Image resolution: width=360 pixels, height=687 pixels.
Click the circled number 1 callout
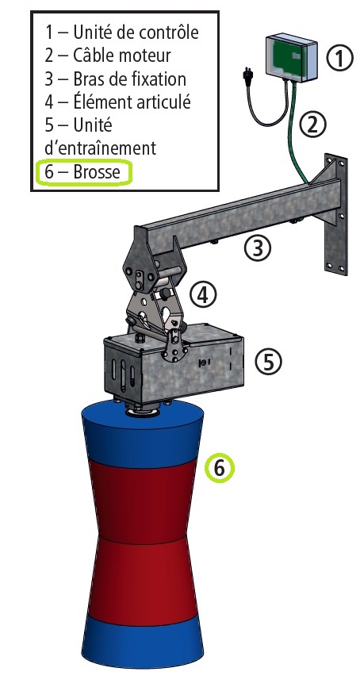(x=339, y=59)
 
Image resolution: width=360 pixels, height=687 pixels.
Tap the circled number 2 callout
(x=312, y=125)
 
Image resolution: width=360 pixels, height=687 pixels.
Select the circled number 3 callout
(x=258, y=248)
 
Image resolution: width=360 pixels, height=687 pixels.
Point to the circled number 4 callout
(x=203, y=295)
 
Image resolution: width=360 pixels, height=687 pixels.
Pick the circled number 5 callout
(x=269, y=362)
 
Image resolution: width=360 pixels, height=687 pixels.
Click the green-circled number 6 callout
(x=220, y=468)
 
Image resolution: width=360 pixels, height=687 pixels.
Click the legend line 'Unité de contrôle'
(x=122, y=33)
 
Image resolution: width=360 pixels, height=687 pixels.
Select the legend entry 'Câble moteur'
(x=108, y=56)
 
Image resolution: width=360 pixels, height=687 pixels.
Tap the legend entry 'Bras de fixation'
(x=116, y=79)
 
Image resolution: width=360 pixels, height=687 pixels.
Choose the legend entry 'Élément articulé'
(x=118, y=102)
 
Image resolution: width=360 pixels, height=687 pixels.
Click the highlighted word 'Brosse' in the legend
(x=97, y=171)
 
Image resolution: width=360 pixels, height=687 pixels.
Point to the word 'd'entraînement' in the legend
(x=100, y=148)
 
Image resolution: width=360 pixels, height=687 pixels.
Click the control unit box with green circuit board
(x=291, y=59)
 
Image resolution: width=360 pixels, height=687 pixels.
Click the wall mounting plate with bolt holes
(x=336, y=215)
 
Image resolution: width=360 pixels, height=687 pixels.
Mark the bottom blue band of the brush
(x=143, y=642)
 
